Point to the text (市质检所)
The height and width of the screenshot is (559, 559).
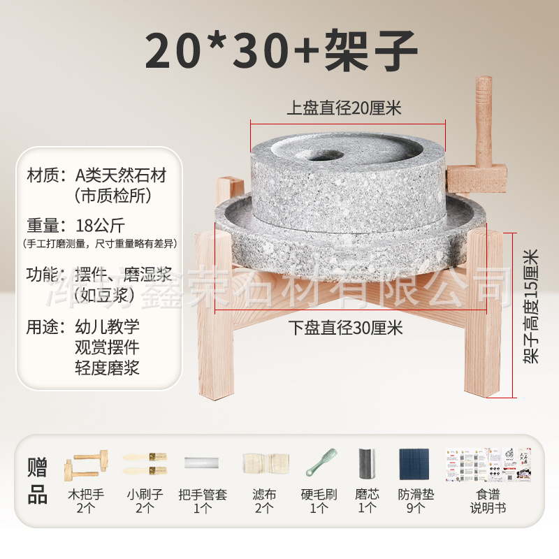[x=112, y=196]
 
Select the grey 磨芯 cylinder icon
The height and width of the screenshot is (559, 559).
[x=367, y=463]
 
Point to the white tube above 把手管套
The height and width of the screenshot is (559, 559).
[x=201, y=463]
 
